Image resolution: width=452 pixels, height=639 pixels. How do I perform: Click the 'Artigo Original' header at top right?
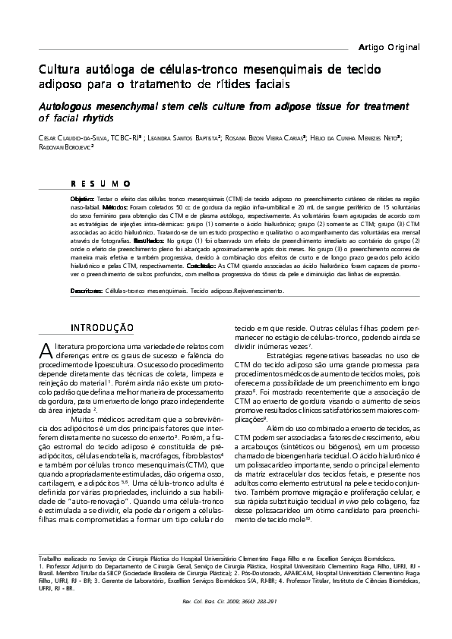coord(389,47)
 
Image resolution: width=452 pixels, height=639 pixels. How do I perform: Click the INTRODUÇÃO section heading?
coord(102,328)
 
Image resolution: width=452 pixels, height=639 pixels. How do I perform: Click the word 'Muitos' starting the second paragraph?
coord(85,419)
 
